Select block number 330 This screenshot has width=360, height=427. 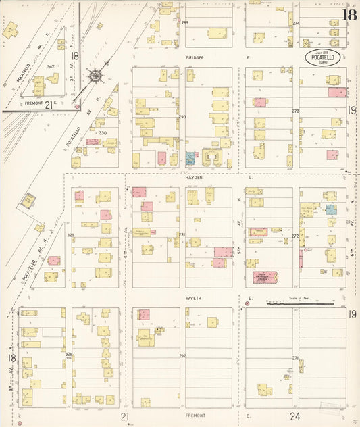(103, 133)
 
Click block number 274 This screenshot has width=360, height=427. (296, 23)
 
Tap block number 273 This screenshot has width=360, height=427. (295, 111)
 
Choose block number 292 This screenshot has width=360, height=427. (182, 355)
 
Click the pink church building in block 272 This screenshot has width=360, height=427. (269, 277)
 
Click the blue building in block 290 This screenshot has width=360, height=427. (190, 158)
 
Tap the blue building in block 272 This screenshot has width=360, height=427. (330, 209)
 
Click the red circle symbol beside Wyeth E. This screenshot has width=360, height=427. (247, 304)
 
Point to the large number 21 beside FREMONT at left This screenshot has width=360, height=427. (49, 105)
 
